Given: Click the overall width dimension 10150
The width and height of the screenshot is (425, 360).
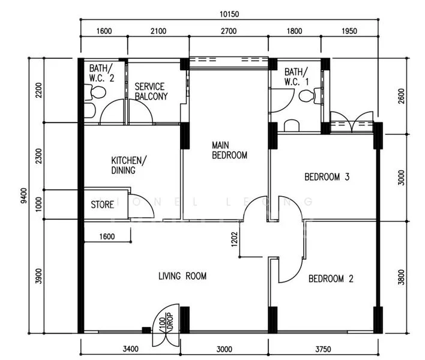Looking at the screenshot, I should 230,12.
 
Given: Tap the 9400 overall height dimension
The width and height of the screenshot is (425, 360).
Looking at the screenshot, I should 23,196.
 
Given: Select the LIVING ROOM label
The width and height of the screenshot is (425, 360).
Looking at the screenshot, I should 182,276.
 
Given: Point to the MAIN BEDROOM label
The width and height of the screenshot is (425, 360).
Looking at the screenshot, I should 229,150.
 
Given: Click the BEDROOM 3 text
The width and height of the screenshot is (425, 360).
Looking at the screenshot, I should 327,177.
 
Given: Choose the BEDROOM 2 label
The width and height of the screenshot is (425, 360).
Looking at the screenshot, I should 330,278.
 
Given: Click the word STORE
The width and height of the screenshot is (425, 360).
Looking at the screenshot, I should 103,205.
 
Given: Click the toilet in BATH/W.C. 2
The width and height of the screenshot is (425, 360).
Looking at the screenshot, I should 97,92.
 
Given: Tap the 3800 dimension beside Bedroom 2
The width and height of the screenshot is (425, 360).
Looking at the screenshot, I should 402,278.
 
